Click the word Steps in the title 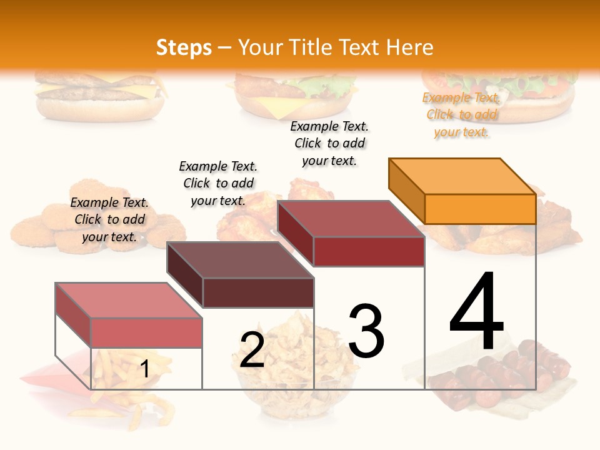(184, 47)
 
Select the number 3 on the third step (366, 331)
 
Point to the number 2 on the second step (252, 350)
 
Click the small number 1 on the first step (144, 369)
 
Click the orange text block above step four (461, 115)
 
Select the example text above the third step (329, 143)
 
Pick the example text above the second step (218, 183)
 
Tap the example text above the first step (109, 219)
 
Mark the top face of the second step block (241, 260)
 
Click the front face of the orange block (480, 209)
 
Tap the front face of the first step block (146, 332)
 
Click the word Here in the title (409, 47)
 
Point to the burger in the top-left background (100, 94)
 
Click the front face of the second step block (258, 292)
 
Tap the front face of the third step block (369, 251)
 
